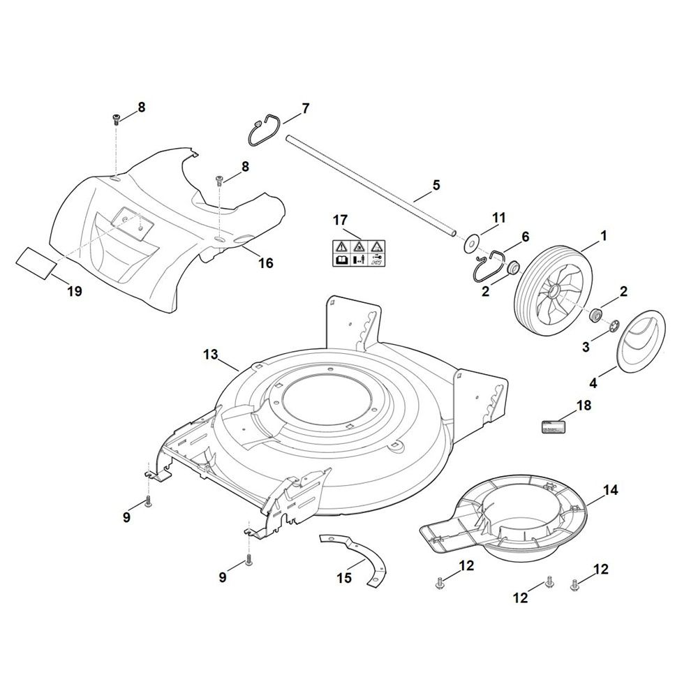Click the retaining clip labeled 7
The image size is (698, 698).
(x=265, y=131)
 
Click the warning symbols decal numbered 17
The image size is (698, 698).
(x=357, y=252)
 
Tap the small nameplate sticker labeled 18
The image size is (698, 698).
(x=556, y=427)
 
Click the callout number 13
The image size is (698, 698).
(x=210, y=355)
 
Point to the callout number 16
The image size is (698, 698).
(x=266, y=263)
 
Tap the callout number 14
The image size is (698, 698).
(x=610, y=490)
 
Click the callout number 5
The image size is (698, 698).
(x=437, y=185)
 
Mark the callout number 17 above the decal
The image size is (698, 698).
(x=340, y=221)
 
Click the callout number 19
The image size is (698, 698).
(x=75, y=291)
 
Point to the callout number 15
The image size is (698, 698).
(x=344, y=578)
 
